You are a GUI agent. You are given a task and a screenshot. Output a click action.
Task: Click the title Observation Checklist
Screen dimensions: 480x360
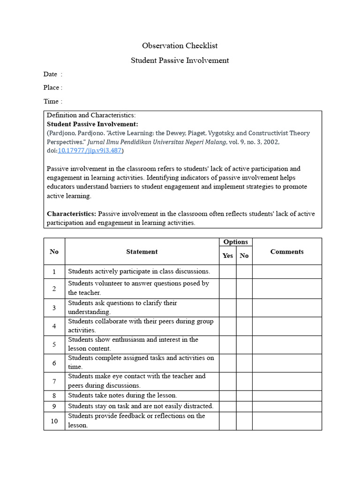click(180, 46)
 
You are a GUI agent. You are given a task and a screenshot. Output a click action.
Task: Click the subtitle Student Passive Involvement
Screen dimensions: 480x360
click(180, 60)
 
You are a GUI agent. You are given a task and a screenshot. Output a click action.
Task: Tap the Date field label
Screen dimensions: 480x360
click(50, 74)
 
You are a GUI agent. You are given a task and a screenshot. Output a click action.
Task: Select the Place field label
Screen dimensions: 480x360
click(52, 88)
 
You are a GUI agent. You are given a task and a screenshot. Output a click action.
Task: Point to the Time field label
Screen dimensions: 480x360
click(51, 101)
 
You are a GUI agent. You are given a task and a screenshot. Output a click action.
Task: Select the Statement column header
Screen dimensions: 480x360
click(142, 252)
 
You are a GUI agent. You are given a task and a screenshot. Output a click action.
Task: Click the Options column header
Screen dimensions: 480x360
click(236, 242)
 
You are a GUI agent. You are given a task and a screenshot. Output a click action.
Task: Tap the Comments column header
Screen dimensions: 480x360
click(287, 252)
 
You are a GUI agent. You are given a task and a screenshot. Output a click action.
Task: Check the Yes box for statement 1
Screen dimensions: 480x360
click(227, 271)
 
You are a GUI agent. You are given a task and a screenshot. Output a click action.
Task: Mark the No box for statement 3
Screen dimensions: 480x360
click(244, 307)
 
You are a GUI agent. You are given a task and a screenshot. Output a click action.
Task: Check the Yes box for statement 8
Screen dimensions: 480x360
click(227, 395)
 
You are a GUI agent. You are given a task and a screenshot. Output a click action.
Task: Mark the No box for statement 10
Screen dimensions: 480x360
click(244, 421)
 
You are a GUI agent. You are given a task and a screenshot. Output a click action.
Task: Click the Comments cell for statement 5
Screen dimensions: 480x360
click(287, 345)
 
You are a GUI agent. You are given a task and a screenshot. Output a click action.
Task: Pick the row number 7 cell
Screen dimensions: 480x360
click(54, 381)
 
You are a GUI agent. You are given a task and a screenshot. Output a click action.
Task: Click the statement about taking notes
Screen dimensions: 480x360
click(123, 395)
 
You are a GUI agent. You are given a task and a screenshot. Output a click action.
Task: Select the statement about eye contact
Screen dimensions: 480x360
click(137, 381)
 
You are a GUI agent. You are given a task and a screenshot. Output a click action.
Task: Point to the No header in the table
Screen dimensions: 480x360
click(244, 255)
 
